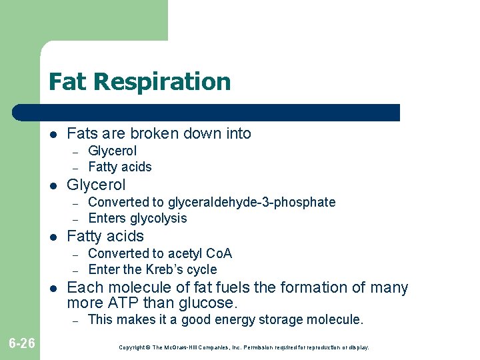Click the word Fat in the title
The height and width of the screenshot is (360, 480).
pyautogui.click(x=69, y=82)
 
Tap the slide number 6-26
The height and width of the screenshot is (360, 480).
pyautogui.click(x=21, y=343)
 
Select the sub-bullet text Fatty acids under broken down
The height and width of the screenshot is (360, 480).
pyautogui.click(x=120, y=167)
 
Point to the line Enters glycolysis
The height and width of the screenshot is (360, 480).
pyautogui.click(x=137, y=218)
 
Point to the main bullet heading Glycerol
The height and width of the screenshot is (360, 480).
pyautogui.click(x=96, y=185)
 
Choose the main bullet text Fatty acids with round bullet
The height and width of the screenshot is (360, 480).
pyautogui.click(x=105, y=236)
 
